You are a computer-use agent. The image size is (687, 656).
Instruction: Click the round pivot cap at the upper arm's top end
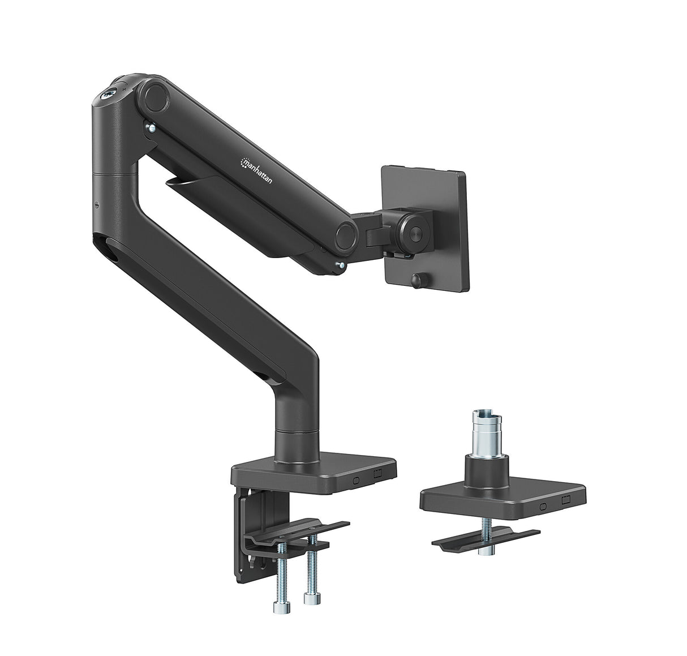click(x=156, y=97)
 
